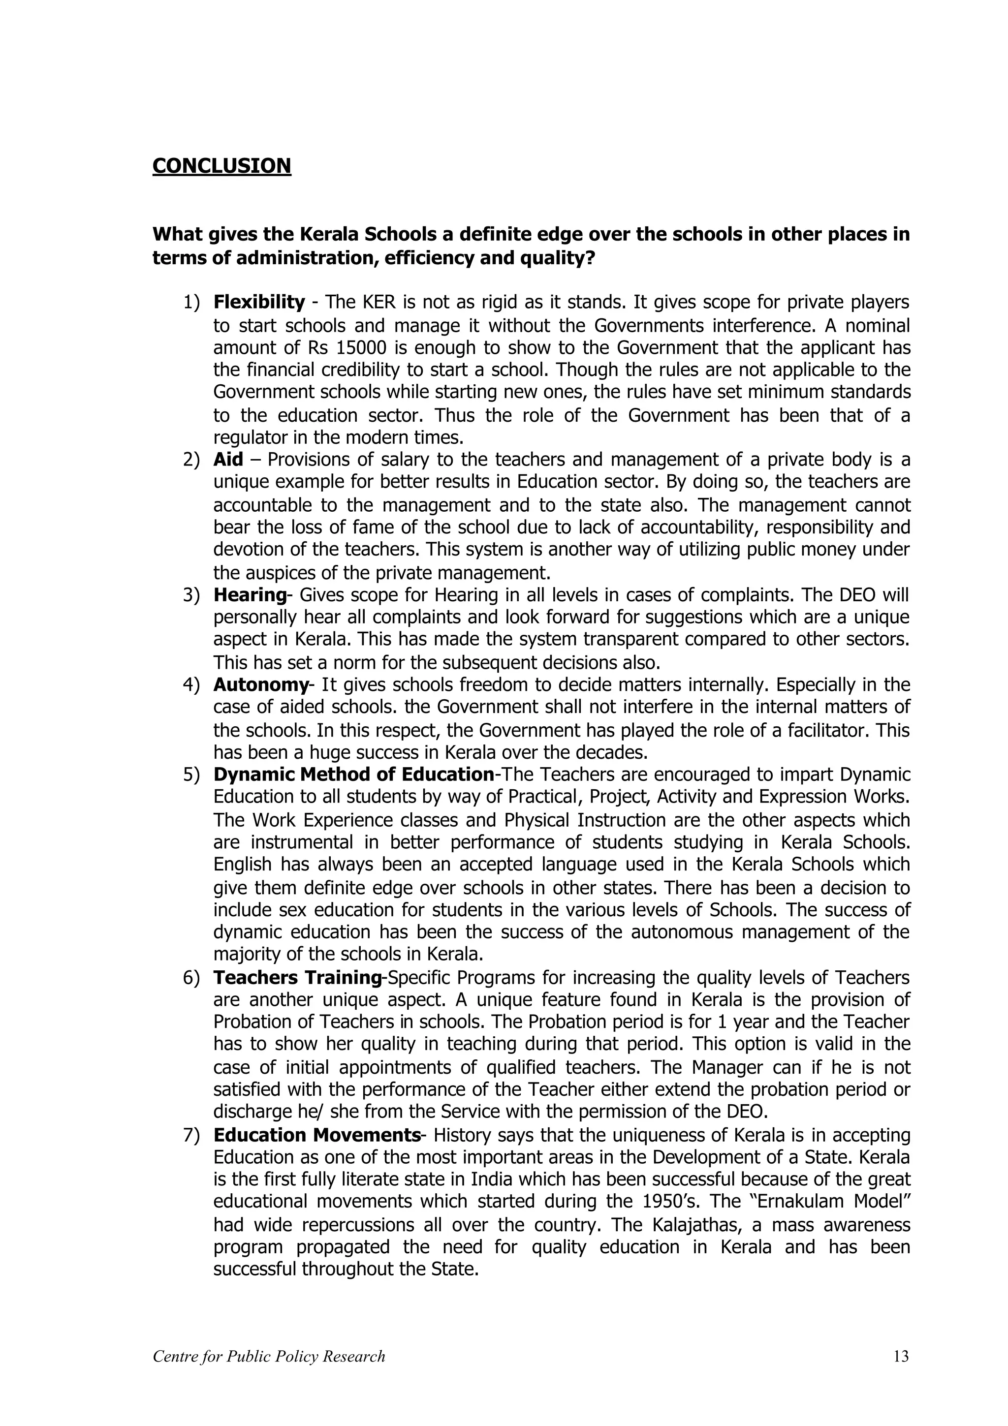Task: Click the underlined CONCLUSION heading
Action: [221, 166]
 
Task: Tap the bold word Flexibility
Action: [259, 303]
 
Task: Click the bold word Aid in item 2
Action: [228, 460]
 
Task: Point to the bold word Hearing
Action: [250, 595]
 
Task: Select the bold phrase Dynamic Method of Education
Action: [353, 775]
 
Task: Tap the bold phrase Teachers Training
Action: [297, 978]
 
